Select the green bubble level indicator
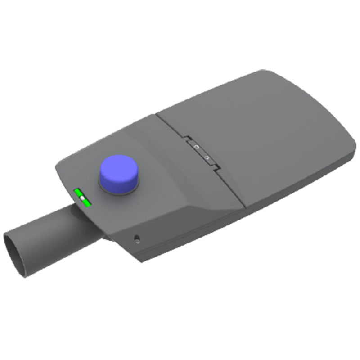tap(83, 198)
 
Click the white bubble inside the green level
tap(83, 198)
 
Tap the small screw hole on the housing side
tap(136, 238)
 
